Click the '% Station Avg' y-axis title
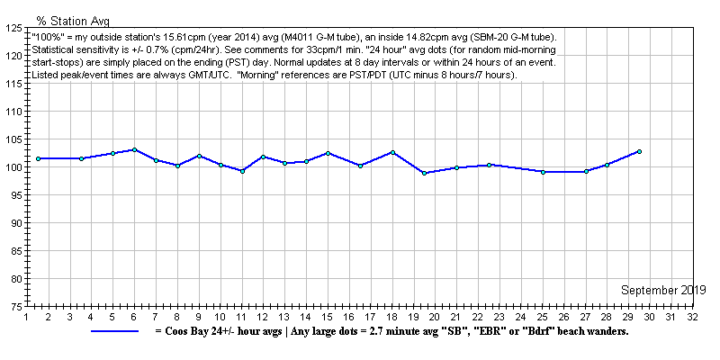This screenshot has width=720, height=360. coord(73,19)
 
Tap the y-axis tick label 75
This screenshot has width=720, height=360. coord(15,307)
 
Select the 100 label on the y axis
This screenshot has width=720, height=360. coord(13,167)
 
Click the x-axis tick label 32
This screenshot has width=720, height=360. coord(691,317)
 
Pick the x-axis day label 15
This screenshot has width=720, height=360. coord(328,317)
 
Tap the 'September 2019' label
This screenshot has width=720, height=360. coord(663,290)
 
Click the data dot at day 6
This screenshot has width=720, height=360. coord(134,149)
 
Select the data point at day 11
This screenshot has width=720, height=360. coord(242,171)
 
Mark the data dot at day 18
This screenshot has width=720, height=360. coord(392,152)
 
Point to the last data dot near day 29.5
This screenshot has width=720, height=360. coord(639,151)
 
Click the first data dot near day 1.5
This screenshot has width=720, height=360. coord(38,158)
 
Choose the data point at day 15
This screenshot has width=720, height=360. coord(328,153)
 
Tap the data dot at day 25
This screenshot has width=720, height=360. coord(543,172)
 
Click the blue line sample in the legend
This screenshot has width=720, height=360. coord(114,331)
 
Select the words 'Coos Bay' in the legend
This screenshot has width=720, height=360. coord(186,331)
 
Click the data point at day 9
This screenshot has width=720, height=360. coord(199,156)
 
